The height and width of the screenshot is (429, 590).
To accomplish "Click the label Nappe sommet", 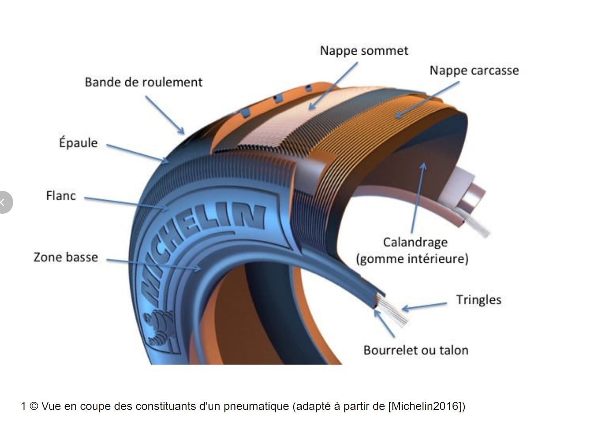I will tap(364, 51).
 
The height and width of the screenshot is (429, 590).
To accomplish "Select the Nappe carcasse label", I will tap(474, 71).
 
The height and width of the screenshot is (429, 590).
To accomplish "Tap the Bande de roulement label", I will tap(143, 82).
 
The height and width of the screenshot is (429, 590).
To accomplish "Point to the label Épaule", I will tap(78, 143).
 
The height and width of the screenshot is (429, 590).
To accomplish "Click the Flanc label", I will tap(61, 196).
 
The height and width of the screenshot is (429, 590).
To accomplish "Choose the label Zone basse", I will tap(66, 257).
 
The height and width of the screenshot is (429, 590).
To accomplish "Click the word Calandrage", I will tap(415, 242).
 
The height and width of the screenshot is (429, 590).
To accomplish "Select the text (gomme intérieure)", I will tap(412, 259).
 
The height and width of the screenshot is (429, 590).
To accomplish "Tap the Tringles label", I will tap(478, 300).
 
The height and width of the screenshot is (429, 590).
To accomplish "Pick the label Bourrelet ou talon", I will tap(416, 350).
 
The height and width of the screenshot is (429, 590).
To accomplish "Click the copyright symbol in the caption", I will tap(34, 406).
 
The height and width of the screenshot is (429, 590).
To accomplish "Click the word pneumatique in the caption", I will tap(256, 406).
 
